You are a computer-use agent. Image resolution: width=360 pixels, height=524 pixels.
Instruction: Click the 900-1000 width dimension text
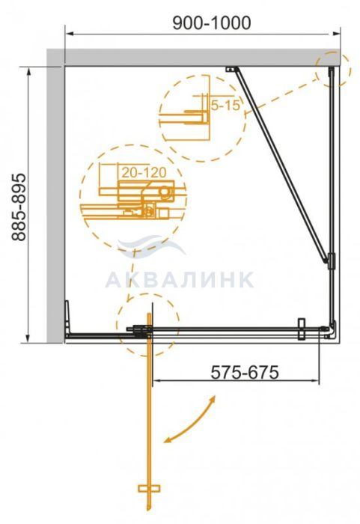[x=212, y=23]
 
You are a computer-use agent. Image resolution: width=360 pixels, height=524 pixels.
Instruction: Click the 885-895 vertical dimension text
[x=19, y=207]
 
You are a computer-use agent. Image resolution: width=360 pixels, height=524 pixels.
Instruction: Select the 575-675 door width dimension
[x=245, y=372]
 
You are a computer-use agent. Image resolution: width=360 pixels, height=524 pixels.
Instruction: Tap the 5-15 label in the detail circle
[x=225, y=106]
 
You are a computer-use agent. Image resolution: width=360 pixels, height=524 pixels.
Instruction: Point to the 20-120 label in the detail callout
[x=144, y=172]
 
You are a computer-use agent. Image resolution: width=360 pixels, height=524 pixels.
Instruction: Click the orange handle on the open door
[x=149, y=489]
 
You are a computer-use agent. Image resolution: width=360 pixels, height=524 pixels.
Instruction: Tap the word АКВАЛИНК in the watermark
[x=180, y=280]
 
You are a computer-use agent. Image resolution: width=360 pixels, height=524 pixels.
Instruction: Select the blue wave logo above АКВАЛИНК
[x=151, y=246]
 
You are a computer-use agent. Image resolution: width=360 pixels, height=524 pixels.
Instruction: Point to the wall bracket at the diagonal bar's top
[x=231, y=69]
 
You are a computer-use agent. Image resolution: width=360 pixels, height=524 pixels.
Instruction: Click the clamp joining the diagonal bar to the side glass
[x=331, y=261]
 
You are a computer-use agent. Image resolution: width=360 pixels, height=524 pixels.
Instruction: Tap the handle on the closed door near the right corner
[x=302, y=329]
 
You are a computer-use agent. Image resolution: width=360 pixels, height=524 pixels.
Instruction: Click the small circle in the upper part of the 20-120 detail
[x=165, y=192]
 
